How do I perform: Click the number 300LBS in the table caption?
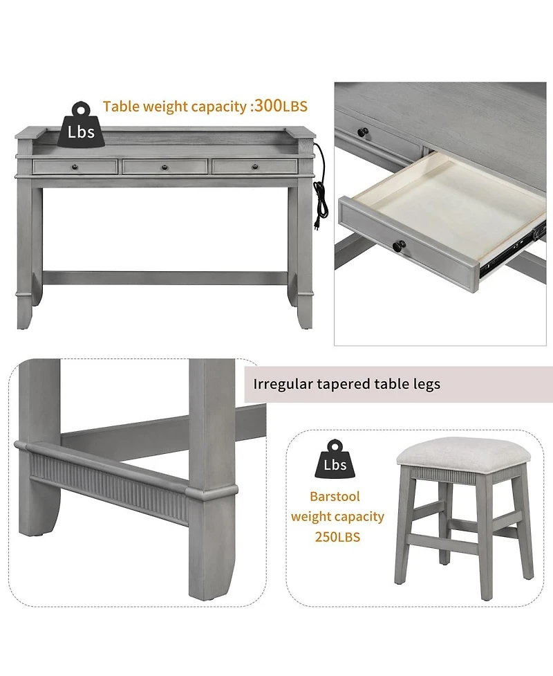pyautogui.click(x=281, y=106)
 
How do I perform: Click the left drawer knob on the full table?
pyautogui.click(x=75, y=167)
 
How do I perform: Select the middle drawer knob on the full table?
pyautogui.click(x=164, y=167)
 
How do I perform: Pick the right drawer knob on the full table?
pyautogui.click(x=254, y=167)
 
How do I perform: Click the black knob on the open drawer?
pyautogui.click(x=399, y=246)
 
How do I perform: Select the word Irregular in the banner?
pyautogui.click(x=283, y=384)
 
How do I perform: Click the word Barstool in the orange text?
pyautogui.click(x=335, y=496)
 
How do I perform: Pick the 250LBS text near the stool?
pyautogui.click(x=337, y=537)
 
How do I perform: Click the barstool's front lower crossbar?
pyautogui.click(x=444, y=542)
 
